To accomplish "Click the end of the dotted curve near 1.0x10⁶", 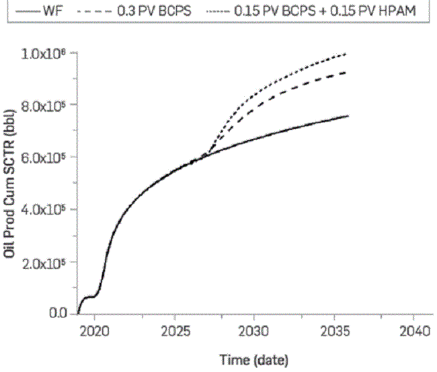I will pos(347,53).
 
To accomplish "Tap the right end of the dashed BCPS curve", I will pos(347,72).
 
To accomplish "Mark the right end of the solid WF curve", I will pos(348,116).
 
